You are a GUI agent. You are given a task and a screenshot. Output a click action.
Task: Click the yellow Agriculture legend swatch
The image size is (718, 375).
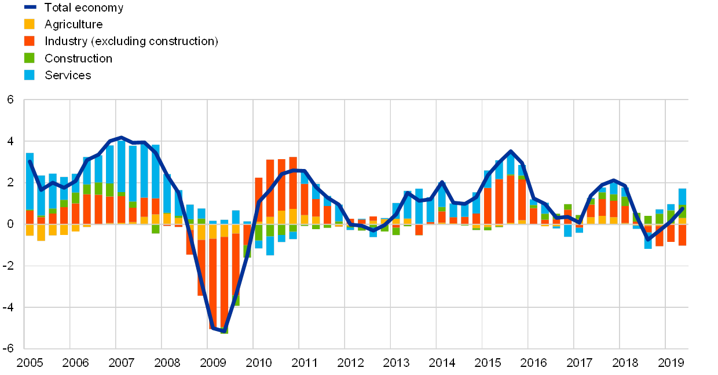pyautogui.click(x=30, y=24)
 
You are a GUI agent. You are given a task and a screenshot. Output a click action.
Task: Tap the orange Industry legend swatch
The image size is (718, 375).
pyautogui.click(x=30, y=41)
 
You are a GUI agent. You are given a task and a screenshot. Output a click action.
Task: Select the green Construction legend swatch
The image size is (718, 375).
pyautogui.click(x=30, y=58)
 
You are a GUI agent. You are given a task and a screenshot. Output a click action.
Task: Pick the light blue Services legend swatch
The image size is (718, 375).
pyautogui.click(x=30, y=75)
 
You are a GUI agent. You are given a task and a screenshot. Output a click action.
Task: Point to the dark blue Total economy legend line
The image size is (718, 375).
pyautogui.click(x=30, y=8)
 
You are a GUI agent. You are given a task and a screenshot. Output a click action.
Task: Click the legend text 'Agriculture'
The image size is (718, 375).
pyautogui.click(x=74, y=24)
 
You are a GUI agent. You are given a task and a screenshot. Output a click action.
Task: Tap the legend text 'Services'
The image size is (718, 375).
pyautogui.click(x=68, y=75)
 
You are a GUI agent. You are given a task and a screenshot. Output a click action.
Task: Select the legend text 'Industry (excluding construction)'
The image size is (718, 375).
pyautogui.click(x=131, y=41)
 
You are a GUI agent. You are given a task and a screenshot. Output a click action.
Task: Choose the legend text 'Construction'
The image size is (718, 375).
pyautogui.click(x=78, y=58)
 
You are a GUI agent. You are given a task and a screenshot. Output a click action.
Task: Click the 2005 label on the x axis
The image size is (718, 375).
pyautogui.click(x=30, y=363)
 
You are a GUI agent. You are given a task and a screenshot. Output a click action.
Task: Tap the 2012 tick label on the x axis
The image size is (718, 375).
pyautogui.click(x=350, y=363)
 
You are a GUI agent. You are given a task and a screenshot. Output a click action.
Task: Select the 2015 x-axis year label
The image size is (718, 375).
pyautogui.click(x=488, y=363)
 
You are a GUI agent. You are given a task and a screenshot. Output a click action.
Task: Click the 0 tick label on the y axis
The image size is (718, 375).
pyautogui.click(x=11, y=224)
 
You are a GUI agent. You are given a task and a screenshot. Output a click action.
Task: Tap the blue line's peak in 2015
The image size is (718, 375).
pyautogui.click(x=510, y=151)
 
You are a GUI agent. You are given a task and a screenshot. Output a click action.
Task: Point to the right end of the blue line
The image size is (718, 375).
pyautogui.click(x=683, y=208)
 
